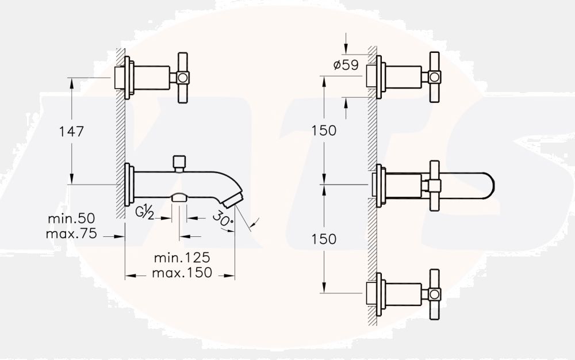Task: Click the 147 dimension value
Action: coord(71,131)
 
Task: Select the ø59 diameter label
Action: coord(346,65)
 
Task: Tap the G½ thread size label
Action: coord(145,212)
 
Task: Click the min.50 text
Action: coord(71,219)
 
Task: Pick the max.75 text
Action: coord(71,233)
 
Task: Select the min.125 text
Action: coord(182,258)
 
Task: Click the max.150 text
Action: coord(182,273)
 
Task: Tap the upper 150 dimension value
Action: coord(324,131)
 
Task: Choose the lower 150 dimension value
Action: coord(324,239)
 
